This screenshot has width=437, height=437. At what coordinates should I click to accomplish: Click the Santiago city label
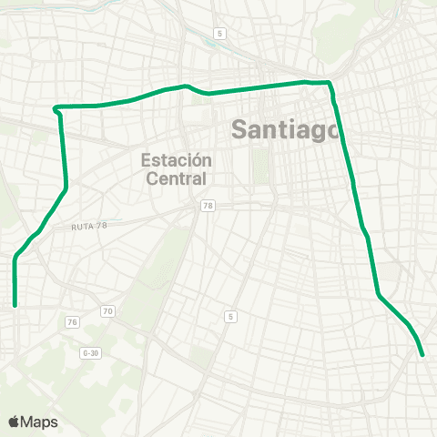286,128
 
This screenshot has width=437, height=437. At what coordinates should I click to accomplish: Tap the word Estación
177,159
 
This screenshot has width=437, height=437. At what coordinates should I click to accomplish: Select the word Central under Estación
177,178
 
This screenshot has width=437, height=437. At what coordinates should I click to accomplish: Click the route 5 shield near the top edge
219,34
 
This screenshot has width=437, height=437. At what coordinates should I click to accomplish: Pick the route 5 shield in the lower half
230,316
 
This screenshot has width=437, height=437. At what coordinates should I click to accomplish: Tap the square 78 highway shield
208,207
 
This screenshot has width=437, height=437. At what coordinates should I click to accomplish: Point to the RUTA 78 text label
88,226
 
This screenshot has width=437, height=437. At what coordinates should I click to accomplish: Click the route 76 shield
72,322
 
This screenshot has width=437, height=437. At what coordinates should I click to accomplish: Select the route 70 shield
108,311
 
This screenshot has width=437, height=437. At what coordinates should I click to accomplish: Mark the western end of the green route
15,306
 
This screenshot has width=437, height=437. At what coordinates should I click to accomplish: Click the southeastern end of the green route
423,355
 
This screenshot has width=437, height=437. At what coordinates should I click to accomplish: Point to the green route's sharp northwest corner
56,107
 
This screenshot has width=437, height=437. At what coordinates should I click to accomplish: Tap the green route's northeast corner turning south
330,84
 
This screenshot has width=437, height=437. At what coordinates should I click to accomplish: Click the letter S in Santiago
239,128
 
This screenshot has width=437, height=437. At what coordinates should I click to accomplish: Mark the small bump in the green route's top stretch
187,86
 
